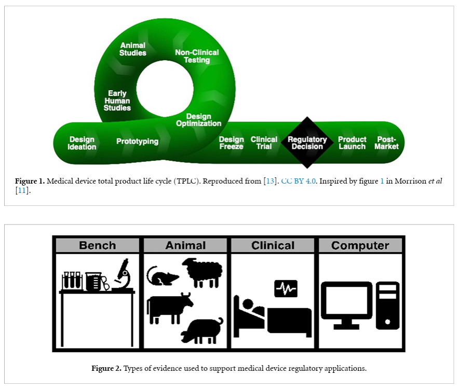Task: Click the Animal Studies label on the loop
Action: tap(133, 49)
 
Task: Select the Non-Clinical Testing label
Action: tap(197, 56)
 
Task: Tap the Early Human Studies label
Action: tap(117, 101)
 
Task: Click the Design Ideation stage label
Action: tap(82, 143)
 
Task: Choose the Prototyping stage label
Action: tap(137, 141)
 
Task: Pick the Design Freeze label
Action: tap(231, 143)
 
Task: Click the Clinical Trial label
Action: tap(264, 143)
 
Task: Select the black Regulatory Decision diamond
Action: tap(307, 143)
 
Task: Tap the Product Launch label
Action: tap(352, 143)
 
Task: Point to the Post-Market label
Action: tap(387, 143)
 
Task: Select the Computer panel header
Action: tap(360, 245)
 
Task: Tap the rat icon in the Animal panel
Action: tap(162, 275)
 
